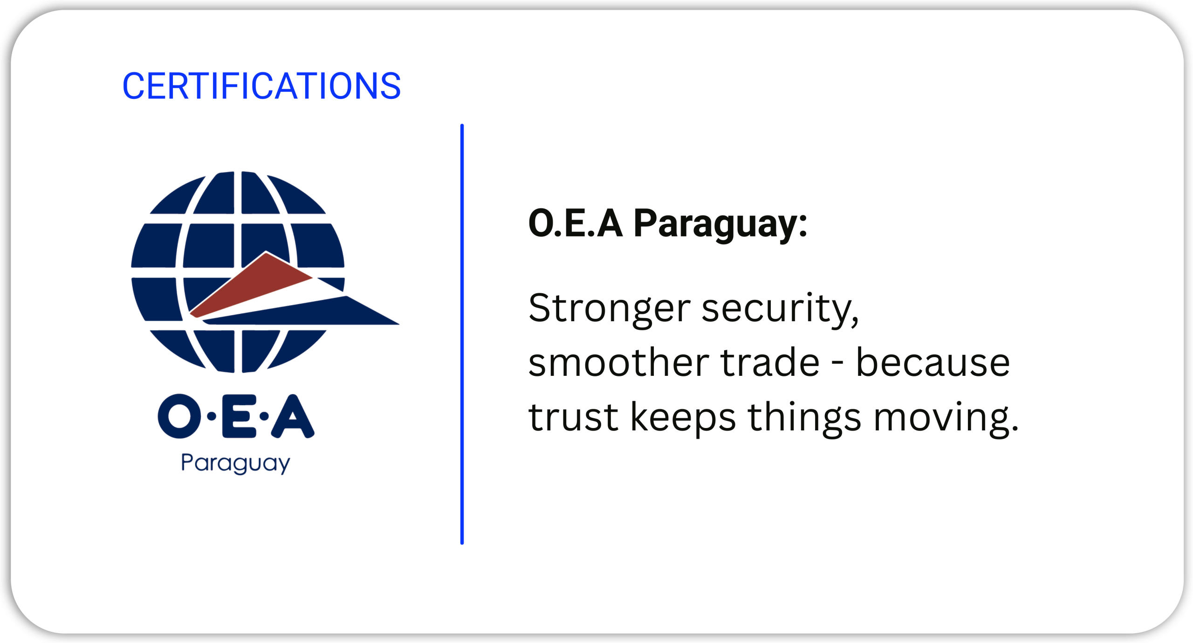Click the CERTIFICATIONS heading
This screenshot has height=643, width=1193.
click(x=261, y=86)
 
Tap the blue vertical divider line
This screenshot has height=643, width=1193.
click(x=462, y=334)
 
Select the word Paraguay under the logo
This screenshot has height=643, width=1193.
click(x=235, y=463)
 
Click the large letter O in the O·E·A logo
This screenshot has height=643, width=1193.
click(x=179, y=416)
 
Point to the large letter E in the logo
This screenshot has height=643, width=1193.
click(x=239, y=416)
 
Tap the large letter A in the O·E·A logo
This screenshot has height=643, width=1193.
click(x=293, y=416)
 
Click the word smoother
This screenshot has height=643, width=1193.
click(x=618, y=362)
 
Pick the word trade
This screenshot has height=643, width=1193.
click(x=770, y=362)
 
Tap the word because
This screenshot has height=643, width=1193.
click(x=933, y=362)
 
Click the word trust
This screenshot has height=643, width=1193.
click(x=573, y=417)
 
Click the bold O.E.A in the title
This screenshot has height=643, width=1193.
click(x=576, y=223)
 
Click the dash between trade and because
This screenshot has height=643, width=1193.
click(x=838, y=364)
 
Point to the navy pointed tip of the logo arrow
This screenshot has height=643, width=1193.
click(x=399, y=324)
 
